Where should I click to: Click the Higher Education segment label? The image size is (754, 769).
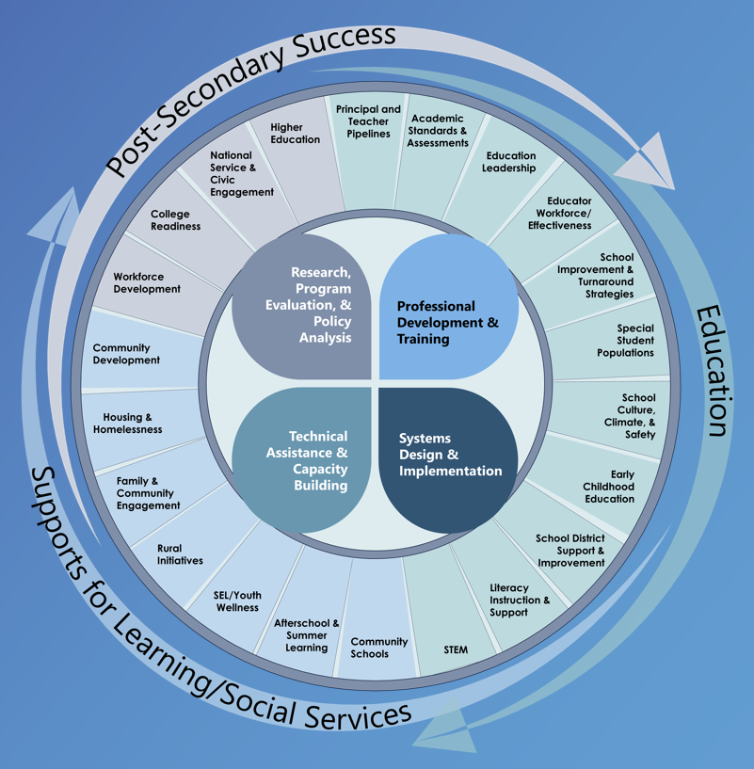point(295,133)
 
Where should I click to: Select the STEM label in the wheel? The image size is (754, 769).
point(456,649)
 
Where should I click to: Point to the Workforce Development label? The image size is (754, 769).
point(147,282)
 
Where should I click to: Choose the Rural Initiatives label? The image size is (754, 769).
point(180,554)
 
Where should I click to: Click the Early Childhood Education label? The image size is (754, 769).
point(609,487)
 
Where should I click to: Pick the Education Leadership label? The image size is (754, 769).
point(509,162)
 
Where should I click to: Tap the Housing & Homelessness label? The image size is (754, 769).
point(127,424)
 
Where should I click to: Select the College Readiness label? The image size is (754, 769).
point(175,220)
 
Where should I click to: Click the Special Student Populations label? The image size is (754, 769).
point(625,341)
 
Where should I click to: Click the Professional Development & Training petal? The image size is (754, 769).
point(448,322)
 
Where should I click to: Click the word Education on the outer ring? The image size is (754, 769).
point(714,371)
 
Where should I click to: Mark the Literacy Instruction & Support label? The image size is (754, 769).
point(520,601)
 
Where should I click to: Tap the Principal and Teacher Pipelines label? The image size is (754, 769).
point(368,121)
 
